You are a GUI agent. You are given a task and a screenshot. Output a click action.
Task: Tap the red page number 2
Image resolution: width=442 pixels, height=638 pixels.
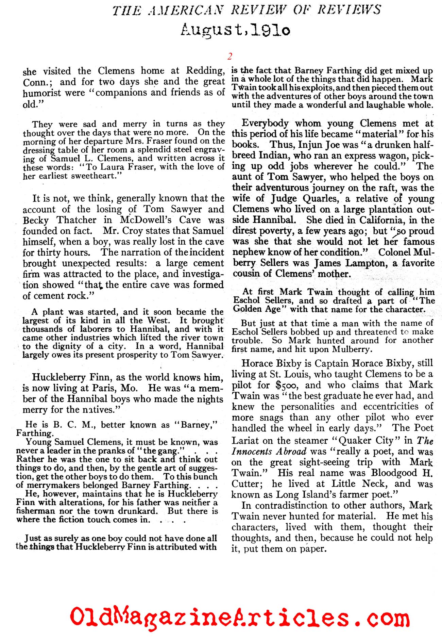pyautogui.click(x=230, y=56)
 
